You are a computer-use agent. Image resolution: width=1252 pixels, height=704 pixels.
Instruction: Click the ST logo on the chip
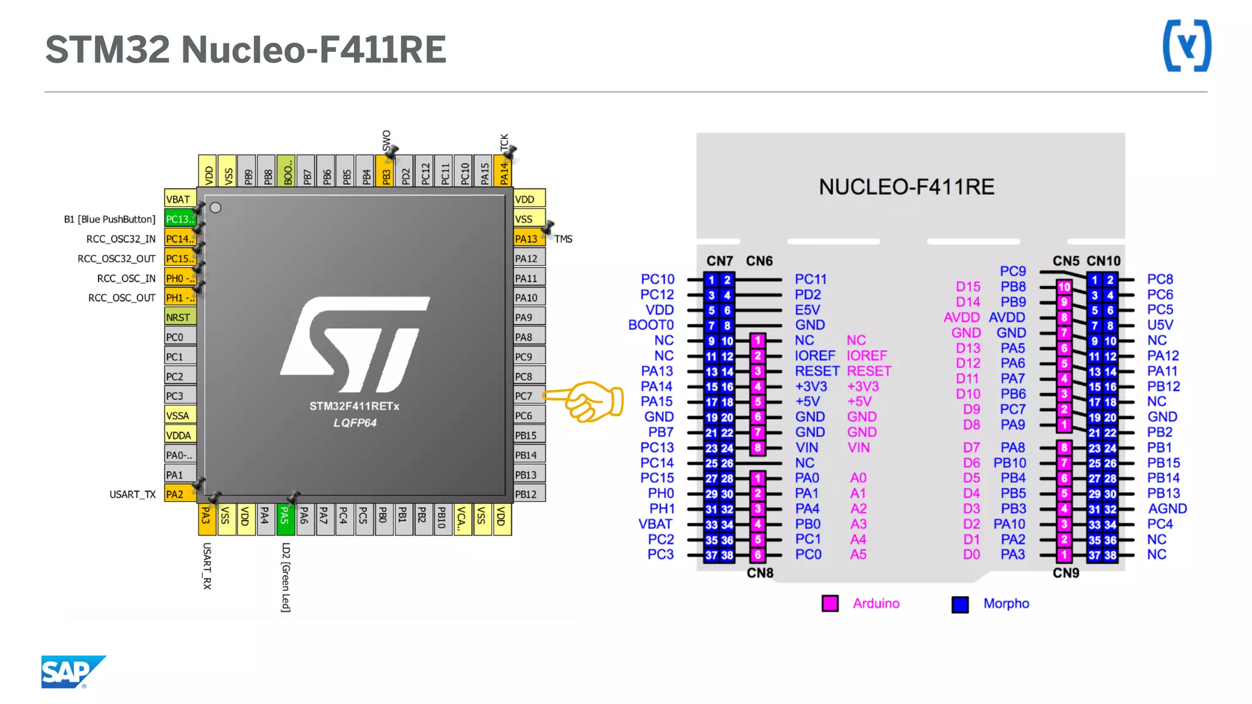point(355,344)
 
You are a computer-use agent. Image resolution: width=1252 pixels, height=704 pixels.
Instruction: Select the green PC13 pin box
point(180,219)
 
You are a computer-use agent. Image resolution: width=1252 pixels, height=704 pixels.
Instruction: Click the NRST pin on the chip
point(180,317)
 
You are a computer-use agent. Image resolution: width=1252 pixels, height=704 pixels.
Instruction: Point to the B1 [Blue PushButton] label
point(109,219)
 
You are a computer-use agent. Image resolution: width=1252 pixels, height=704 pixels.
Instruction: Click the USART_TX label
point(132,494)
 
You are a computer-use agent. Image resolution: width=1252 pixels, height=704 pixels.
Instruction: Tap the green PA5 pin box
point(284,518)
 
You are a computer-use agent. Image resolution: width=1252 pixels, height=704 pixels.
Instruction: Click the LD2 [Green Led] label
point(285,577)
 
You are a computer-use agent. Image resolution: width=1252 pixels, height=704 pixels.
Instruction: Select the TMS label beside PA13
point(563,239)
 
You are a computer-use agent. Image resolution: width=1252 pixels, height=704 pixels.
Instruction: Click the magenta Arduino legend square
point(830,603)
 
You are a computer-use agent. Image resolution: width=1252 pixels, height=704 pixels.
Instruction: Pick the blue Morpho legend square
point(960,604)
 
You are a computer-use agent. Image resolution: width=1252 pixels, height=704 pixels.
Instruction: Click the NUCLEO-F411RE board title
point(907,186)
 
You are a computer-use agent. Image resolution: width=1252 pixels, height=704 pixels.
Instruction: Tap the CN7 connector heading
point(720,261)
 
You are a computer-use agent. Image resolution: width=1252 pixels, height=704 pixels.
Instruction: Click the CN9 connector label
point(1066,573)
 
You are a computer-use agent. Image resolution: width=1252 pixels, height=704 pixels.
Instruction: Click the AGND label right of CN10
point(1167,508)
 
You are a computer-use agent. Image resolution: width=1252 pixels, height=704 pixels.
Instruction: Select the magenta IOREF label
point(866,356)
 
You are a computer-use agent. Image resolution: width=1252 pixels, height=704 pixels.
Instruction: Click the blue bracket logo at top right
point(1187,46)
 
